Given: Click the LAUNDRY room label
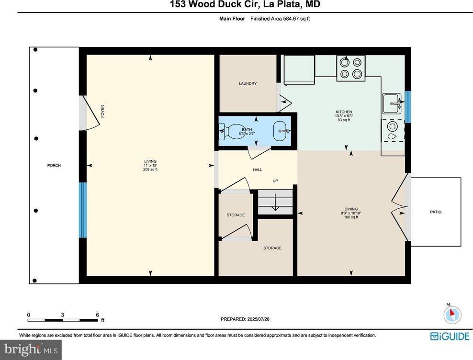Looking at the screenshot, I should point(248,84).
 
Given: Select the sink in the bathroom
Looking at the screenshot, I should point(280,130).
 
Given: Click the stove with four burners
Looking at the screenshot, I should point(351,67).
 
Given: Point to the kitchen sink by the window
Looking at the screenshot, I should point(392,102).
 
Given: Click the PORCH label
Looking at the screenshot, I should point(54,166).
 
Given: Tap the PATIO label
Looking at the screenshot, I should point(436,212).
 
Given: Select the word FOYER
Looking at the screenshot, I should point(102,111).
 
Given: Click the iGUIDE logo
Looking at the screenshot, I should point(450,336).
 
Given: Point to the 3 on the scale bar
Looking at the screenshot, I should point(63,315).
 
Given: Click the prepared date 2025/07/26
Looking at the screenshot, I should point(248,319).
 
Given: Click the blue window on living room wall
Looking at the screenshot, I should point(82,210).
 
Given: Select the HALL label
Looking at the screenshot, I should point(257,169).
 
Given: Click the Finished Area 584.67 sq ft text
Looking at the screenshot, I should point(283,19).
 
